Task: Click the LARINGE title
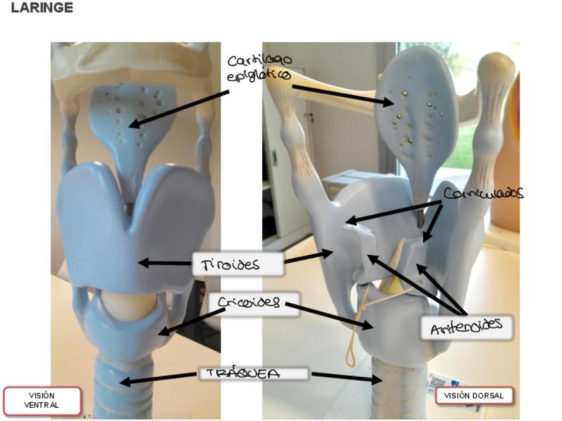[42, 8]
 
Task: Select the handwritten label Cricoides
[249, 303]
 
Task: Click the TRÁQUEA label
[254, 373]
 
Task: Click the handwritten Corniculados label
[483, 193]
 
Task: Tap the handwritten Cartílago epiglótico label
[259, 68]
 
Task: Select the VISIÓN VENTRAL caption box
[42, 400]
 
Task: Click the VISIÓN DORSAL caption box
[474, 396]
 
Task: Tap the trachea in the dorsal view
[395, 391]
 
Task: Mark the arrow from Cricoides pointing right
[329, 315]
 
